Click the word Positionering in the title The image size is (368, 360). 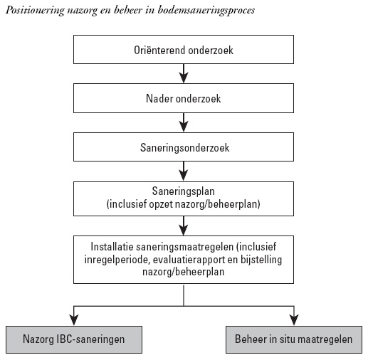pyautogui.click(x=35, y=11)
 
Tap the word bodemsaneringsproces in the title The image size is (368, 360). pyautogui.click(x=206, y=11)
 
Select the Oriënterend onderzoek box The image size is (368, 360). pyautogui.click(x=184, y=50)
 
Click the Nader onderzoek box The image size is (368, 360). pyautogui.click(x=184, y=98)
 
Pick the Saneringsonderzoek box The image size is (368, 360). pyautogui.click(x=184, y=147)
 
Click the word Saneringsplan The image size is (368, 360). pyautogui.click(x=184, y=191)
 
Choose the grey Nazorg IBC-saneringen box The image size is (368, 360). pyautogui.click(x=74, y=339)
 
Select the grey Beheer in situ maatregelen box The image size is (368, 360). pyautogui.click(x=294, y=339)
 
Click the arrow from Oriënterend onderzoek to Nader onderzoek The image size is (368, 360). pyautogui.click(x=184, y=73)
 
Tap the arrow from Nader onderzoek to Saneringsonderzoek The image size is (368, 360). pyautogui.click(x=184, y=122)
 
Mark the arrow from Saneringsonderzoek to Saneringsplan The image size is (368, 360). pyautogui.click(x=184, y=171)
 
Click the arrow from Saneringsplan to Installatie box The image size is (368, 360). pyautogui.click(x=184, y=226)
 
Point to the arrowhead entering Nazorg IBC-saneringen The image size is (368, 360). pyautogui.click(x=74, y=320)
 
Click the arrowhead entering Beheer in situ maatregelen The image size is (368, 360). pyautogui.click(x=294, y=320)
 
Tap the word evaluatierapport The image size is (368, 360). pyautogui.click(x=189, y=260)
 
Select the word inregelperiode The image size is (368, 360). pyautogui.click(x=117, y=260)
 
